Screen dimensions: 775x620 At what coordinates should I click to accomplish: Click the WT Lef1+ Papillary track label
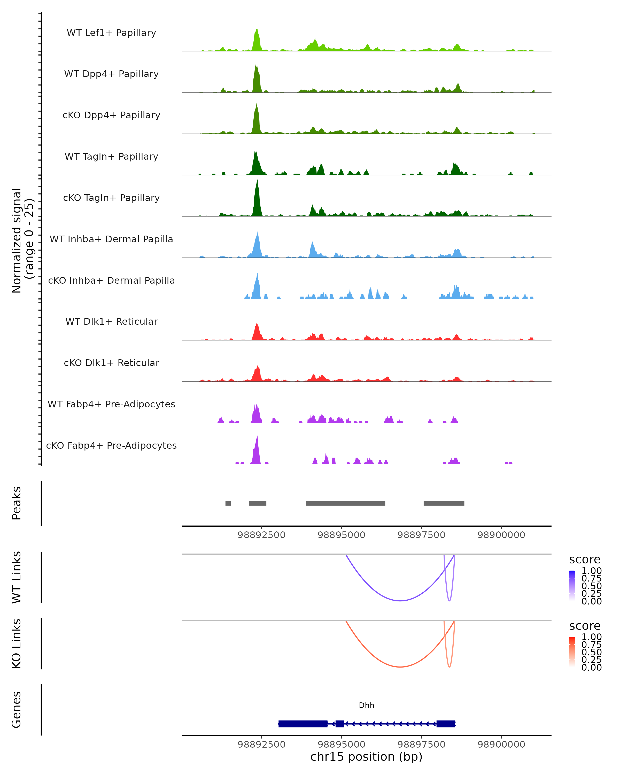pos(111,33)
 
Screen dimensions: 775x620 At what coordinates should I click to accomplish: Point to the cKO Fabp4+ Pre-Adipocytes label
pos(111,445)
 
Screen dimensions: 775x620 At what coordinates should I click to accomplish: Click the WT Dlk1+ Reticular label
pos(111,321)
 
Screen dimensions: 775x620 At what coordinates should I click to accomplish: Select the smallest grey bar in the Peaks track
pos(228,503)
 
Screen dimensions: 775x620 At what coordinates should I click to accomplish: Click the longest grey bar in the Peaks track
pos(345,503)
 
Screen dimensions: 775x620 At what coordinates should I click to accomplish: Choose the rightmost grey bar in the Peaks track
pos(444,503)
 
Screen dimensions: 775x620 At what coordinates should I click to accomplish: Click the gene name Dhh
pos(367,705)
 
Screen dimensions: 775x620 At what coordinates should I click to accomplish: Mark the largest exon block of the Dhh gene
pos(303,724)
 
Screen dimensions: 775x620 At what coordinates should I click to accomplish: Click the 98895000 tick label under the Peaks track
pos(342,535)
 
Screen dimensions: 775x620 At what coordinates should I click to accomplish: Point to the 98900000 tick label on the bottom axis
pos(501,745)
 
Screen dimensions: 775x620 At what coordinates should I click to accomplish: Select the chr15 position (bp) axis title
pos(366,757)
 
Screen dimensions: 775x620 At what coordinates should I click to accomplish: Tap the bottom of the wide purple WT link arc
pos(400,601)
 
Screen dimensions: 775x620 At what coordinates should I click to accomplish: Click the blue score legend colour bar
pos(572,586)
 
